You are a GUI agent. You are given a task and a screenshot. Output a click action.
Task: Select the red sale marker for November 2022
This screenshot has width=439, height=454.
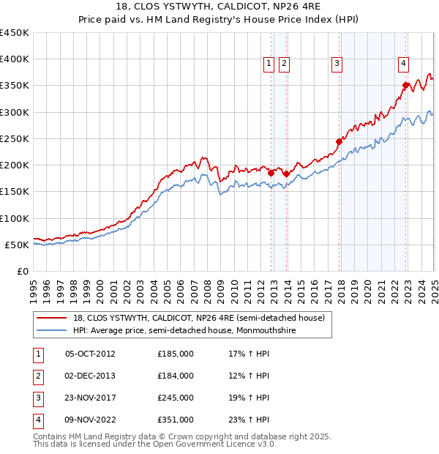tap(405, 85)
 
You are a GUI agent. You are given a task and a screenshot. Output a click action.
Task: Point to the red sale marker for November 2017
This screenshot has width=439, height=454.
tap(339, 141)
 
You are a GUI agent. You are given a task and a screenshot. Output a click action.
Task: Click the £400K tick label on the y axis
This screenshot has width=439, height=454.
tap(15, 59)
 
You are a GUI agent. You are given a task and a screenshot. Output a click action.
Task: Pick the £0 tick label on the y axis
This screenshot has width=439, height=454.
tap(23, 271)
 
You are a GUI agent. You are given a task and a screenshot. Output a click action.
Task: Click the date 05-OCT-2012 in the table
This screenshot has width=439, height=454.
tap(90, 354)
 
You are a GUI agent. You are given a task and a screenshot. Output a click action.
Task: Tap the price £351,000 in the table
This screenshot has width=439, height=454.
tap(176, 420)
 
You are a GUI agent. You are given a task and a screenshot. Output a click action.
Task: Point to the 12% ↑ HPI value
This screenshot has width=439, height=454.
tap(249, 376)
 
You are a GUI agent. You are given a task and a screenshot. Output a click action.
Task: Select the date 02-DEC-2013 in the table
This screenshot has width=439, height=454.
tap(90, 376)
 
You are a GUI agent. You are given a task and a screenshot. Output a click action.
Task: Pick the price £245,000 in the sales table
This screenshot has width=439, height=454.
tap(176, 398)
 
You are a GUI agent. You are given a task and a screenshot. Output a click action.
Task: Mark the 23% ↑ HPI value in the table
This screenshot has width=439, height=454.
tap(249, 420)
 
